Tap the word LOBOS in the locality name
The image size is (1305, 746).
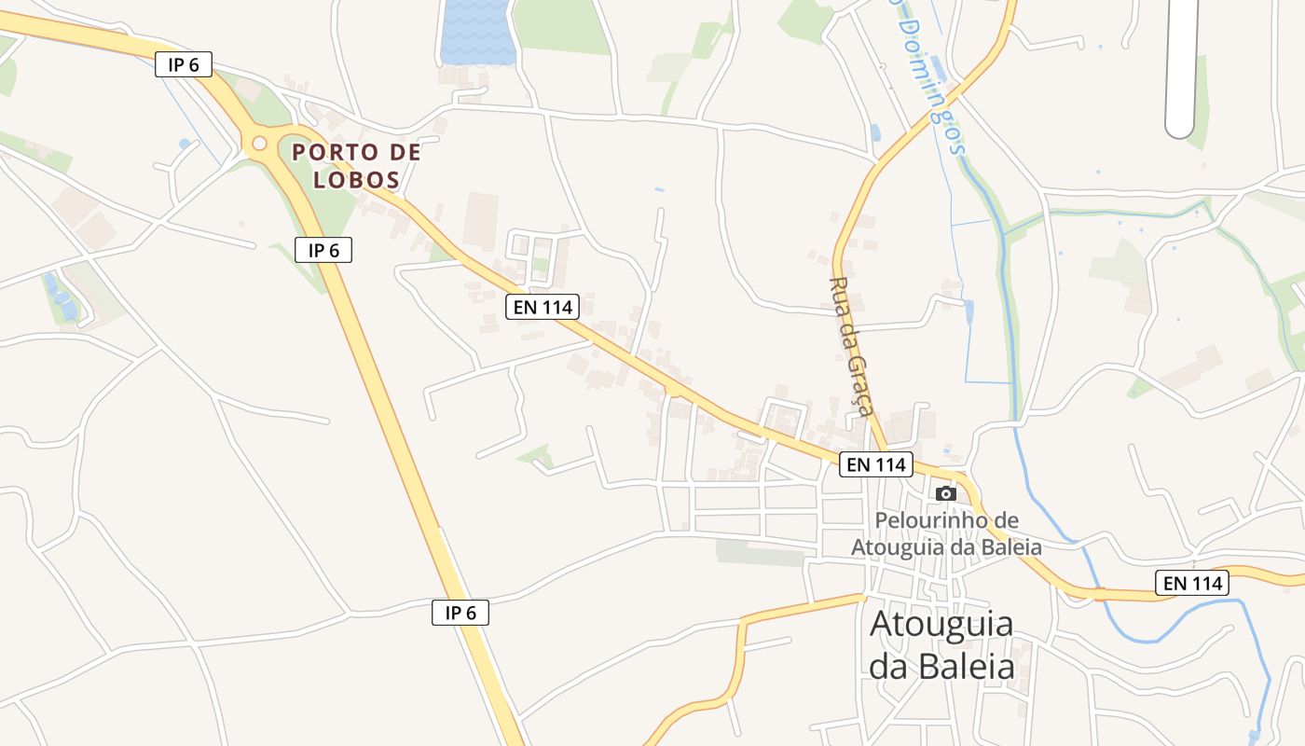tap(357, 180)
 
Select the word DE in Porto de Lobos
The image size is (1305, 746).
tap(404, 152)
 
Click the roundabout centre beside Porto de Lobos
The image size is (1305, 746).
tap(259, 144)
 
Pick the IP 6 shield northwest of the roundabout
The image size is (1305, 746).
tap(184, 64)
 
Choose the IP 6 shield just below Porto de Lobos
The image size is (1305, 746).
tap(323, 250)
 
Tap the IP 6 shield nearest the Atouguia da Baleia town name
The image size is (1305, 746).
tap(460, 613)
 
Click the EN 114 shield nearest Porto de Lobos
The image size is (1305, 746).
tap(543, 306)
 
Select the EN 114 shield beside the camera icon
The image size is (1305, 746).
tap(876, 464)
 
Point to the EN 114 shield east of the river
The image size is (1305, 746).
tap(1192, 583)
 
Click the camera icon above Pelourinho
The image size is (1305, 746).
tap(946, 493)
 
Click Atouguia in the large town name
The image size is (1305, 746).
tap(941, 624)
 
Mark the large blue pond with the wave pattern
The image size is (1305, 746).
tap(476, 31)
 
